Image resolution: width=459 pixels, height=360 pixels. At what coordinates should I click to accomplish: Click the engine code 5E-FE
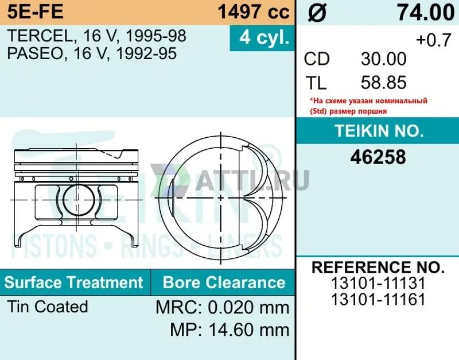pos(35,11)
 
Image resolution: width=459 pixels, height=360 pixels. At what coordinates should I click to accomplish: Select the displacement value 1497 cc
pos(254,11)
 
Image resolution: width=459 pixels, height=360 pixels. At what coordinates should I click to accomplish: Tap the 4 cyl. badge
pos(262,38)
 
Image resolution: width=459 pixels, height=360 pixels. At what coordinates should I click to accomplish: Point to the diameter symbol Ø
pos(317,13)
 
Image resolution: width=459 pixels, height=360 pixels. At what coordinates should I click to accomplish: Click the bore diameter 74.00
pos(426,13)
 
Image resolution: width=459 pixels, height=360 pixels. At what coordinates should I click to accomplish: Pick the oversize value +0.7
pos(434,40)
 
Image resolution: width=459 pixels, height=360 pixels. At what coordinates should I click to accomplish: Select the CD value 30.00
pos(383,59)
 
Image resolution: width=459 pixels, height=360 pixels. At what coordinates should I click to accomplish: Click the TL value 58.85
pos(383,82)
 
